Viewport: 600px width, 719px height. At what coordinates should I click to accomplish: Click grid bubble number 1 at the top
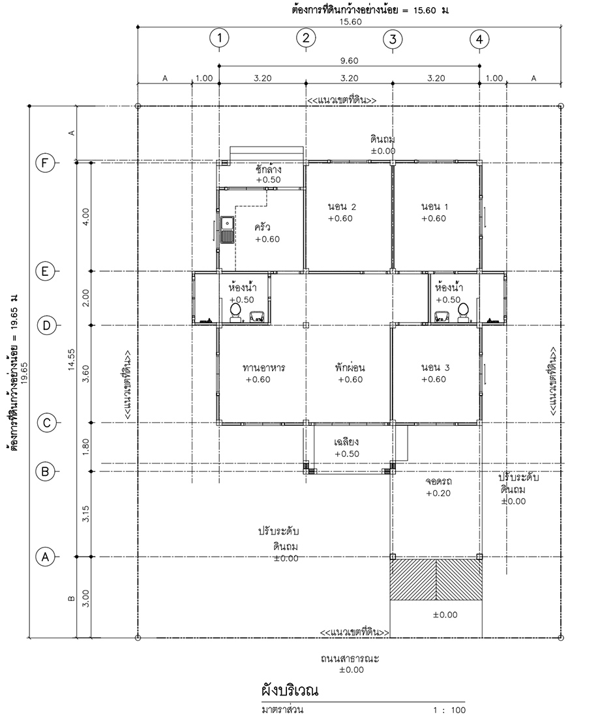219,38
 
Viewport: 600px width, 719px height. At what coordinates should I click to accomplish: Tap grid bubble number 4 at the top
479,39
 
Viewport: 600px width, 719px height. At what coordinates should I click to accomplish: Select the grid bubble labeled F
45,163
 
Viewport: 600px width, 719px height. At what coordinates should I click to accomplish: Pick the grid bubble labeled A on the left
45,557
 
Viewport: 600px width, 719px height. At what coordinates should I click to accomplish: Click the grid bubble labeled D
46,325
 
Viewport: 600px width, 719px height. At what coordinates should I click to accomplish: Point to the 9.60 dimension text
349,61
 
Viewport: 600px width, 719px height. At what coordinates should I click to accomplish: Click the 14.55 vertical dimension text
72,359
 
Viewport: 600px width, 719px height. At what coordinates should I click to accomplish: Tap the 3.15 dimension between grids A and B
86,514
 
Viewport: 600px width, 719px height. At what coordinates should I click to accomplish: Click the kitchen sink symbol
228,229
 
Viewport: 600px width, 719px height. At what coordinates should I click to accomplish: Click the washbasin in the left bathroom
256,316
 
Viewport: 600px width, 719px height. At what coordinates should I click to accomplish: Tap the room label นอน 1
435,207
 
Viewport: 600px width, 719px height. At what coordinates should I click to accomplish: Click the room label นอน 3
435,367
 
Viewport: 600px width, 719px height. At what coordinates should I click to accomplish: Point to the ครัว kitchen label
262,227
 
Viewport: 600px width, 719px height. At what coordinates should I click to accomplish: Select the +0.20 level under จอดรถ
438,493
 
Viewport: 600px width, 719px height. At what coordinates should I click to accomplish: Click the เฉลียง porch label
346,441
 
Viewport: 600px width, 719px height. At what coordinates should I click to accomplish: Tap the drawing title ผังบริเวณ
290,690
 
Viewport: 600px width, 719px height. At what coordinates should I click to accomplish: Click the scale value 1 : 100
450,711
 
